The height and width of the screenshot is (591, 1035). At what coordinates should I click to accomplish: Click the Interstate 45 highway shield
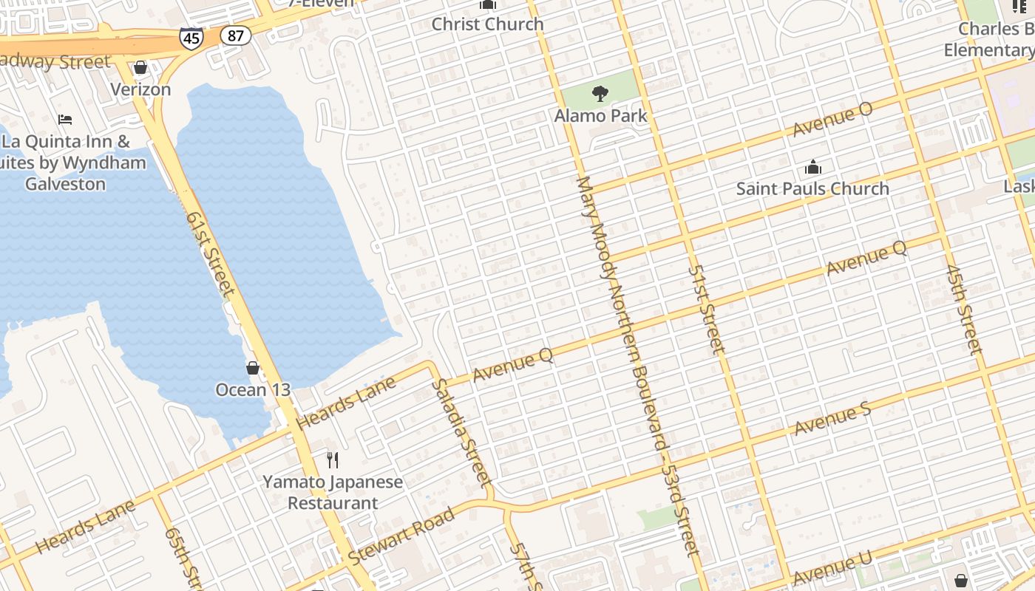point(191,38)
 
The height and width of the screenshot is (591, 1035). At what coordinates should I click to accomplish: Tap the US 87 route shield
point(236,35)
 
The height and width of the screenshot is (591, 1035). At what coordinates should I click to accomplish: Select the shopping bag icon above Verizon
point(140,68)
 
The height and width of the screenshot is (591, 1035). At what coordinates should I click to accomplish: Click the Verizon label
point(140,89)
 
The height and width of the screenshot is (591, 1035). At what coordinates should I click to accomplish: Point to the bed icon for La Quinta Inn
point(65,119)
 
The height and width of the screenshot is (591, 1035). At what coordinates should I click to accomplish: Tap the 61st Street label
point(211,254)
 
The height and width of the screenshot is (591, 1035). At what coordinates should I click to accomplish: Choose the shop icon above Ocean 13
point(253,367)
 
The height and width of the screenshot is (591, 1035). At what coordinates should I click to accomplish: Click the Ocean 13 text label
point(253,389)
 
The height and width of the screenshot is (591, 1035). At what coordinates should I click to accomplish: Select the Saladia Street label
point(463,433)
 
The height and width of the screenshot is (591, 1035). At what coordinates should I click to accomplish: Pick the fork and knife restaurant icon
point(333,460)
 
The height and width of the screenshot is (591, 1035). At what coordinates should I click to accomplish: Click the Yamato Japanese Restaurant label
point(333,493)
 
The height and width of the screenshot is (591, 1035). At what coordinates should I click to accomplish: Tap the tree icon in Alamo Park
point(600,94)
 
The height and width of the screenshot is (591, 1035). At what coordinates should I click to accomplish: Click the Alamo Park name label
point(600,116)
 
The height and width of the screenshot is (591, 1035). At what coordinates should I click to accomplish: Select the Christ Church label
point(487,24)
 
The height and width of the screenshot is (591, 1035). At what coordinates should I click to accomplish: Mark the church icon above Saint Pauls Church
point(812,167)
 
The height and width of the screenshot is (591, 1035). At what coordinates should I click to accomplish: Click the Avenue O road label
point(832,120)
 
